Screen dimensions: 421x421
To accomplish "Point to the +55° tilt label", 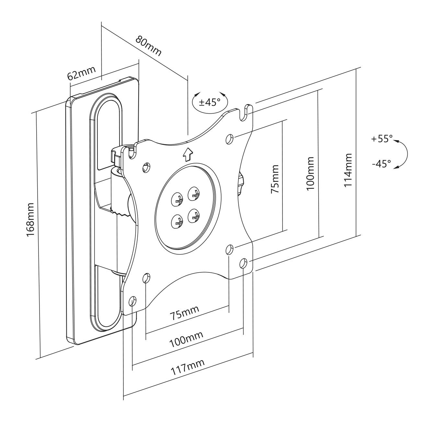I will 382,139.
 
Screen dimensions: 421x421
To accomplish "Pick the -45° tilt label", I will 381,164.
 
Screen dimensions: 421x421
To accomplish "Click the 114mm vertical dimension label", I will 347,170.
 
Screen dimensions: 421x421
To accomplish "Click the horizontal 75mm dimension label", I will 185,313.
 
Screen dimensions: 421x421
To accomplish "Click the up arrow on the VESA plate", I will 187,154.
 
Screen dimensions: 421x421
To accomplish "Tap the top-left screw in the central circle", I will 177,199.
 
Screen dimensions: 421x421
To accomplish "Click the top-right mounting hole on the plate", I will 229,138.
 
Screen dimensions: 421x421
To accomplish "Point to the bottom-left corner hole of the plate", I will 132,301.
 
